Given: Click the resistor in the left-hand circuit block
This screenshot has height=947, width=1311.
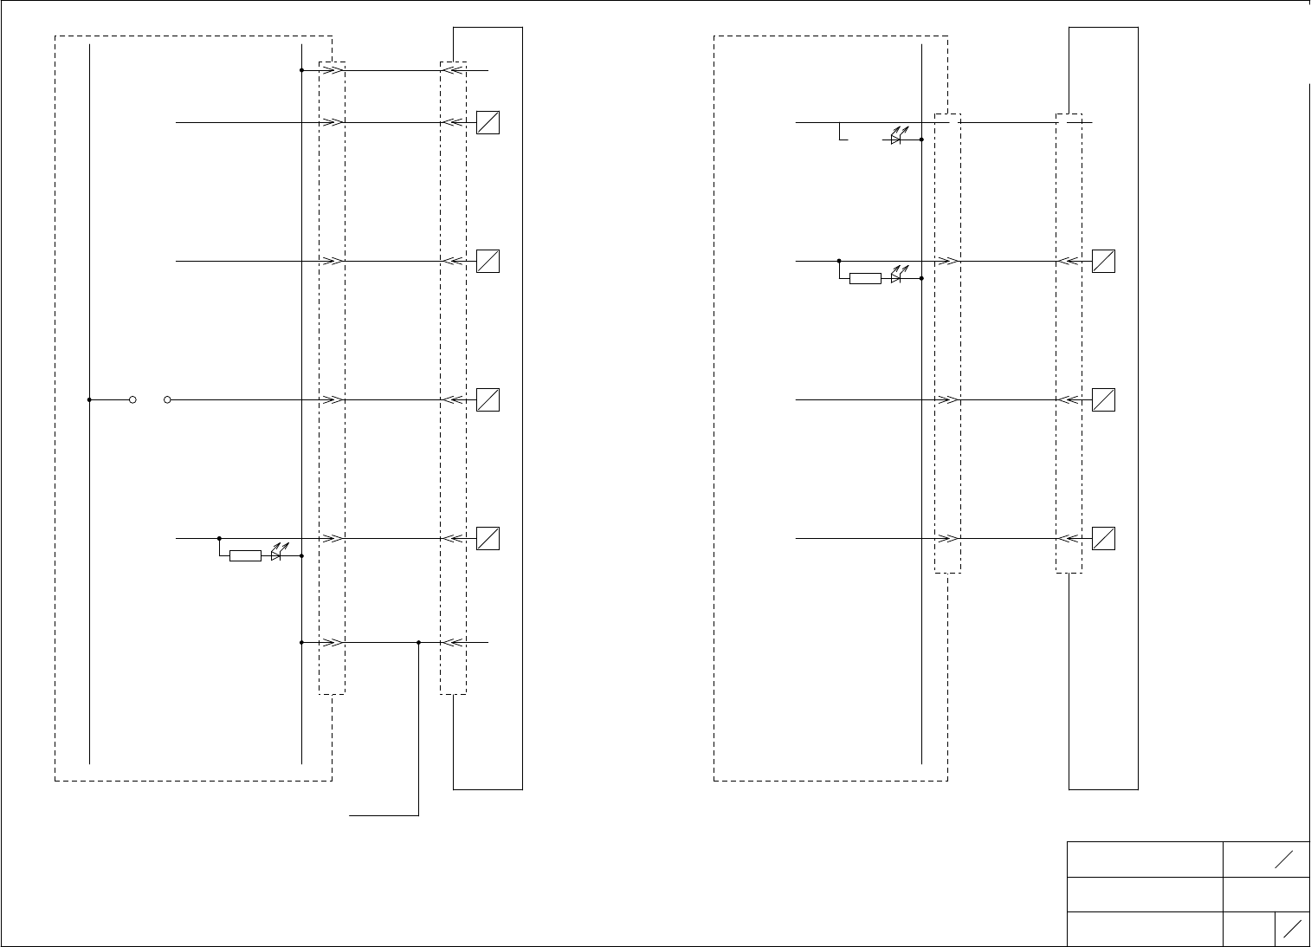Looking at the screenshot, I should pos(245,556).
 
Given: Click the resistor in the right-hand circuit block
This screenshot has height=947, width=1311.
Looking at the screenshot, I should pos(865,279).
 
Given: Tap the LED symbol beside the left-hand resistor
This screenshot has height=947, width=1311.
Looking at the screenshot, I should pos(276,555).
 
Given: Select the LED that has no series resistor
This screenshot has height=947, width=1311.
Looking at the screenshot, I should pos(897,139).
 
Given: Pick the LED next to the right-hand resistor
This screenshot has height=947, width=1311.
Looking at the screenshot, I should pos(897,278).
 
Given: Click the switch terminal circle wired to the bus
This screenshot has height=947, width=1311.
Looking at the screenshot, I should pos(132,400).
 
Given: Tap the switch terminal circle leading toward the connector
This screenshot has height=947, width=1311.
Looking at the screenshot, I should pos(167,400).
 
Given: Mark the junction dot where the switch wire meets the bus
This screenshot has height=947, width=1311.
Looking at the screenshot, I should pos(90,400).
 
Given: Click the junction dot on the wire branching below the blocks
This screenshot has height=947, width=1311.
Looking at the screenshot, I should pos(418,643).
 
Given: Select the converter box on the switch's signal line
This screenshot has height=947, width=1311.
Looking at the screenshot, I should pos(488,400).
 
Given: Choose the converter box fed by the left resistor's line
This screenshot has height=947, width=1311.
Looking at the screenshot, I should pos(488,539).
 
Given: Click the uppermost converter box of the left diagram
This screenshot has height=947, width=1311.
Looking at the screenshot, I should pos(488,123).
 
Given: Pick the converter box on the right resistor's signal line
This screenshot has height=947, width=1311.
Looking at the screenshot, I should pos(1103,262).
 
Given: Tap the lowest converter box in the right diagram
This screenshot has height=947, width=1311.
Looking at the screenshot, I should pos(1103,539).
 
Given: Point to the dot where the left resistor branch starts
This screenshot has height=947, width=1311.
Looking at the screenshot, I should pos(219,539).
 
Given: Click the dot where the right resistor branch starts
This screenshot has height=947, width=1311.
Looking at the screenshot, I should pos(839,261).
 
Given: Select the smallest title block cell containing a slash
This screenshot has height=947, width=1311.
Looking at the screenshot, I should pos(1292,929).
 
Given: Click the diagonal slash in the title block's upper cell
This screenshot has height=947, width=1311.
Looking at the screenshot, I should pos(1283,859).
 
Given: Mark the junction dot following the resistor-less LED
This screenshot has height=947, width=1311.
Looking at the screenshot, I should pos(921,139).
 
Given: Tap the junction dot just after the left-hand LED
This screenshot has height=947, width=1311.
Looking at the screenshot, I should pos(300,556).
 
